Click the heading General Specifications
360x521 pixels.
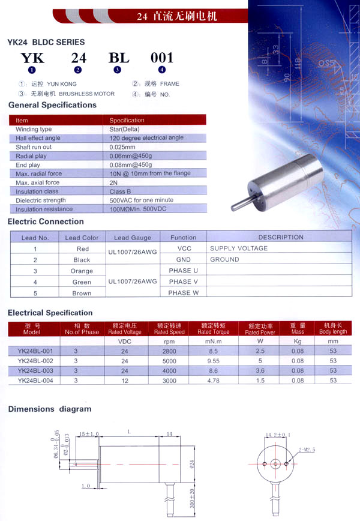(52, 105)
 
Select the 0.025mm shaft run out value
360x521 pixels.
(122, 147)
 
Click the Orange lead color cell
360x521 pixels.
(82, 271)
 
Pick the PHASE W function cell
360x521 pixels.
(183, 293)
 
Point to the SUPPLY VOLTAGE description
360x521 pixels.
(239, 248)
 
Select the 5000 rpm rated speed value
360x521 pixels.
(169, 361)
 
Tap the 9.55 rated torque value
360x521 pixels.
(214, 361)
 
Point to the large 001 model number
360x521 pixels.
(161, 58)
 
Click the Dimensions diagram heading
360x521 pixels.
(50, 409)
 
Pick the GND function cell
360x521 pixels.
(183, 260)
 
